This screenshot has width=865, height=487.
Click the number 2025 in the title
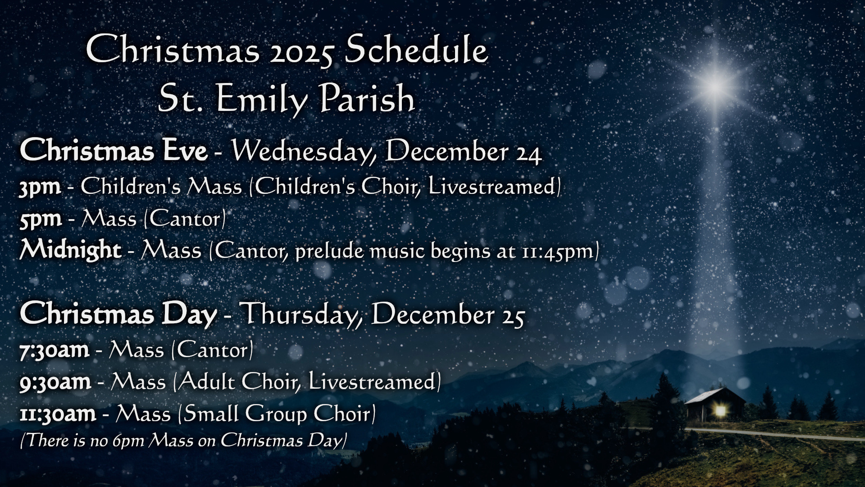coord(302,51)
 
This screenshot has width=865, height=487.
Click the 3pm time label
coord(40,187)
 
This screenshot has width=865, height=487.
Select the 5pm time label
coord(40,219)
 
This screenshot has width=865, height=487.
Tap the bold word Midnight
coord(70,250)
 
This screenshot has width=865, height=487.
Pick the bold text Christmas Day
coord(118,314)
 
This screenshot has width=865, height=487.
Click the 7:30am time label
coord(54,350)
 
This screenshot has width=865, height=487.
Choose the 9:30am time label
coord(55,382)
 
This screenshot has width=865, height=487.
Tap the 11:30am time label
coord(58,414)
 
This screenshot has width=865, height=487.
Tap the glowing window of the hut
coord(721,410)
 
